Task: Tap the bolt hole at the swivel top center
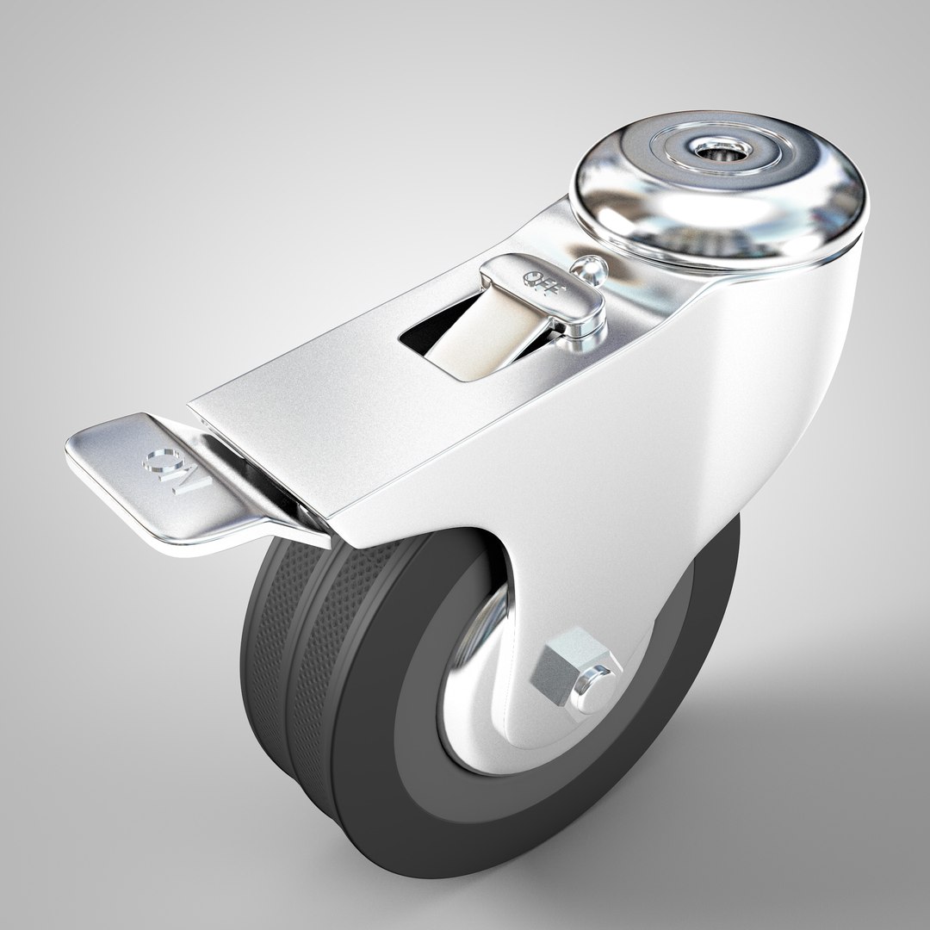(717, 152)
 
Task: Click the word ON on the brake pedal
(168, 469)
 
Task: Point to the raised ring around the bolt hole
(717, 138)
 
